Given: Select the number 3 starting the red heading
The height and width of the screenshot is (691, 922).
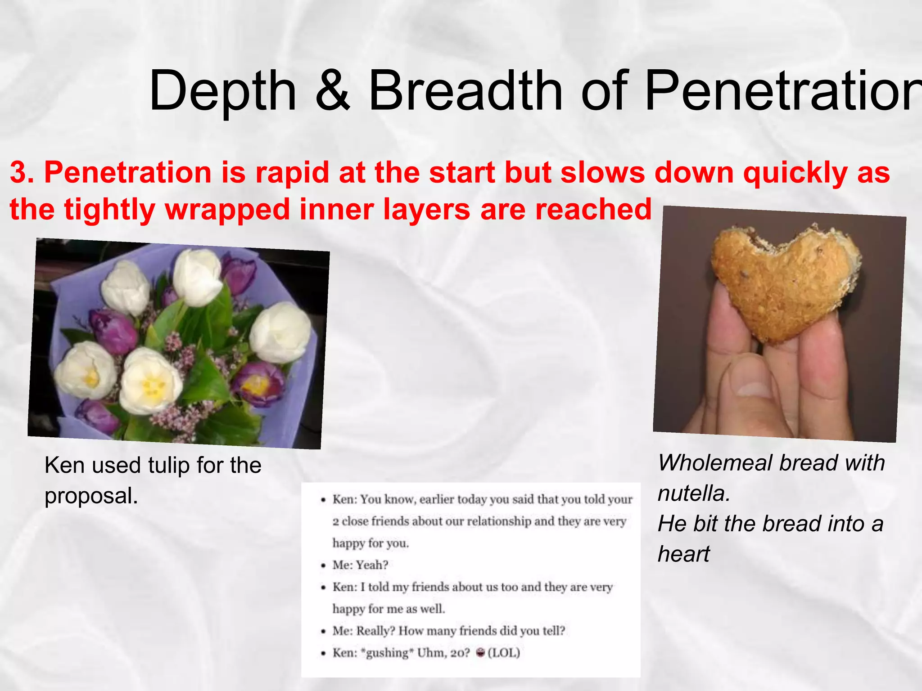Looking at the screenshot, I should click(18, 172).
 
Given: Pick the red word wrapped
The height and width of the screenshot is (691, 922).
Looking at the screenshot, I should click(227, 210).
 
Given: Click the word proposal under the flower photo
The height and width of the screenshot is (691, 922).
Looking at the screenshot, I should click(90, 496).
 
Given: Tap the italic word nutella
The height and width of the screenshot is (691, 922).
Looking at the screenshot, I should click(694, 494).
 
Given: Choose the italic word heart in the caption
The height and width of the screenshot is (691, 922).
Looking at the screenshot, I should click(683, 554).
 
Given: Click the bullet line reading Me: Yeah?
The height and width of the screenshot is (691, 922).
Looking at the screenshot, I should click(360, 565).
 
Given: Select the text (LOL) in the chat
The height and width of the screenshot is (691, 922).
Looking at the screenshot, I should click(504, 653).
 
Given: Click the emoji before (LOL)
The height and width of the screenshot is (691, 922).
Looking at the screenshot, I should click(480, 653).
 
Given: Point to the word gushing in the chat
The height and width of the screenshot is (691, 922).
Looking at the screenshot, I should click(389, 653).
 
